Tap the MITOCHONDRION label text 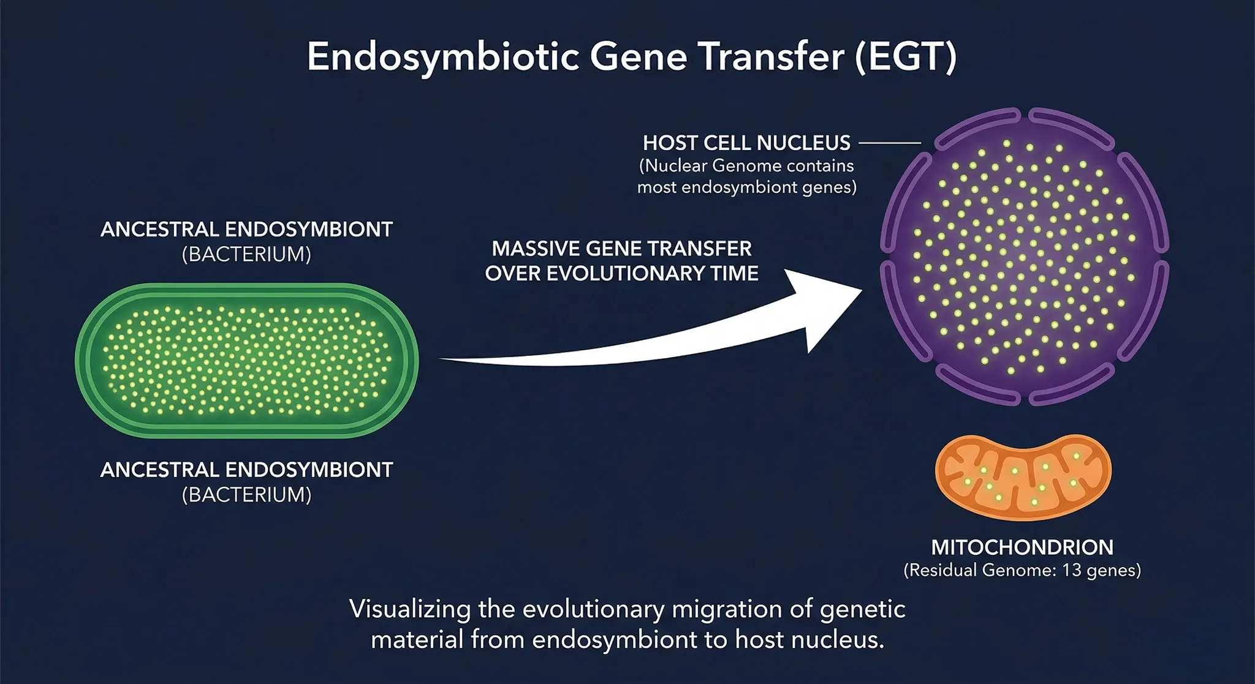(1022, 547)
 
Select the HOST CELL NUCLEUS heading (746, 143)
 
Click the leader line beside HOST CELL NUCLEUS (890, 143)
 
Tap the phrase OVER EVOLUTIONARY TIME (621, 274)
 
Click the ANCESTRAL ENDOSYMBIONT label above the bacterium (246, 230)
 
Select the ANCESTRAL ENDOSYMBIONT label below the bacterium (246, 470)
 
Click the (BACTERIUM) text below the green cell (246, 495)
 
